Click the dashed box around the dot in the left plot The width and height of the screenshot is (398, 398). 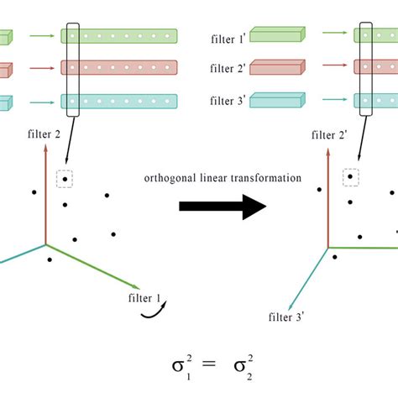(x=64, y=179)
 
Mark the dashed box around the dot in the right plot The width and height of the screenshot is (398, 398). (x=349, y=177)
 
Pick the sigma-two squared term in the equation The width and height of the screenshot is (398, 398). (x=240, y=369)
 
